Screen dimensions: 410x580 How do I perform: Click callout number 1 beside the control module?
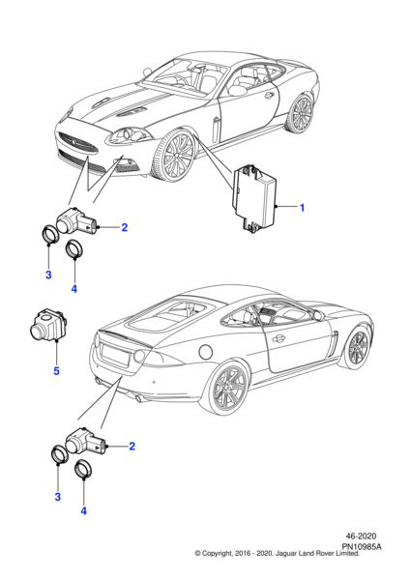pyautogui.click(x=302, y=208)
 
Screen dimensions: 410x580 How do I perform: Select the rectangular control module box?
pyautogui.click(x=254, y=199)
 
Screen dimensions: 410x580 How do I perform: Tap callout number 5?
pyautogui.click(x=56, y=370)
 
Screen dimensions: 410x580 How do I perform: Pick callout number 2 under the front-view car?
pyautogui.click(x=125, y=227)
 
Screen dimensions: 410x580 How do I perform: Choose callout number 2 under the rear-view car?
pyautogui.click(x=132, y=446)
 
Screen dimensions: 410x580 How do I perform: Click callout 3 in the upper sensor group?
pyautogui.click(x=48, y=275)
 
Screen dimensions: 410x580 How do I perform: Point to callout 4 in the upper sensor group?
pyautogui.click(x=74, y=288)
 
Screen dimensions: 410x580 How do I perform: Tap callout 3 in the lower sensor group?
pyautogui.click(x=58, y=497)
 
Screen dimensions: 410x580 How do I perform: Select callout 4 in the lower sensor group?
pyautogui.click(x=83, y=510)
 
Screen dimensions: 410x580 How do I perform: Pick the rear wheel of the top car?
pyautogui.click(x=301, y=113)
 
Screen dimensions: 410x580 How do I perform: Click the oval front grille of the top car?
pyautogui.click(x=78, y=143)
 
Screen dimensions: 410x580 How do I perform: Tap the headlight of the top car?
pyautogui.click(x=130, y=135)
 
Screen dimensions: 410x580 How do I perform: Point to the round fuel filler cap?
pyautogui.click(x=205, y=352)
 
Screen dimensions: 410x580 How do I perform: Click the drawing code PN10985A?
pyautogui.click(x=361, y=547)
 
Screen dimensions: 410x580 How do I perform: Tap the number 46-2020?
pyautogui.click(x=361, y=536)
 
